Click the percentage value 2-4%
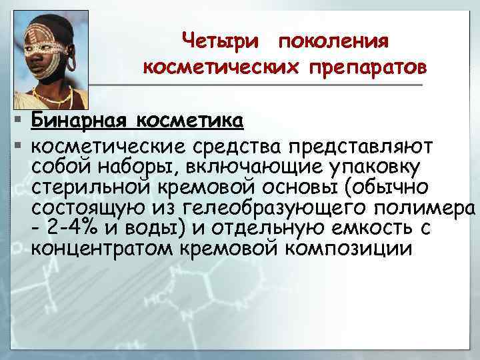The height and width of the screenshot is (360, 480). click(74, 227)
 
